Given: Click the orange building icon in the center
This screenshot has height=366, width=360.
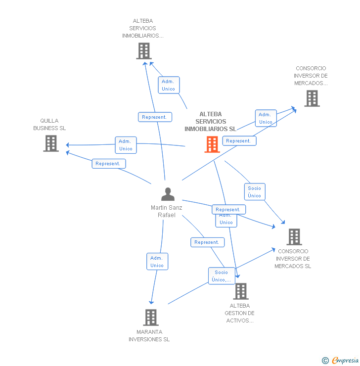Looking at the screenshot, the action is pos(212,144).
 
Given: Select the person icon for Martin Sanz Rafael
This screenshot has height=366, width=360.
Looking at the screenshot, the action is pos(168,194).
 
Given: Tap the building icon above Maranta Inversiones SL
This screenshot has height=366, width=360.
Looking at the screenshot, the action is pos(150,318).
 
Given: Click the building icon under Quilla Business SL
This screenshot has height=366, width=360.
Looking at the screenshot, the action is pos(51,143).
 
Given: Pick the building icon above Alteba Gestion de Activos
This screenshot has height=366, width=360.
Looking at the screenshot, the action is pos(241,291).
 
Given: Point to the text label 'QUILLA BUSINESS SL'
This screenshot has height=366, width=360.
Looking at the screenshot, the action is pos(49,125).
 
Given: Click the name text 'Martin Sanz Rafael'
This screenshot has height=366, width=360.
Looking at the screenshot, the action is pos(166,211).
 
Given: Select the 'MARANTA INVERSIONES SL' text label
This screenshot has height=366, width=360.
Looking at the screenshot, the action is pos(149,335).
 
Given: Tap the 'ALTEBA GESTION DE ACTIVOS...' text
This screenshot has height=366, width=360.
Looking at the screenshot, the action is pos(239,313).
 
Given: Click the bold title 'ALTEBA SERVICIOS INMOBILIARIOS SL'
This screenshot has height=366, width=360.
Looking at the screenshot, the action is pos(210,122).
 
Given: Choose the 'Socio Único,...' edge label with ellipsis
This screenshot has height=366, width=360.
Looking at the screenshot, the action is pos(222,276).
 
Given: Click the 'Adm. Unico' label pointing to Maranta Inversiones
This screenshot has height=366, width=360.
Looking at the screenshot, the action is pos(157,262).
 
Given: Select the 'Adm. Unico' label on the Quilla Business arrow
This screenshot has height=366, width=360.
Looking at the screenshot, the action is pos(126,145).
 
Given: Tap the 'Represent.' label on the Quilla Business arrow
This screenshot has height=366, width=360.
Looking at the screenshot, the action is pos(108,164).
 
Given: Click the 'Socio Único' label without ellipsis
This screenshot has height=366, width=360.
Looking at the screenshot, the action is pos(255,192).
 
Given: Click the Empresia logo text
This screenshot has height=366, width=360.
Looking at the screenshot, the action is pos(345,361).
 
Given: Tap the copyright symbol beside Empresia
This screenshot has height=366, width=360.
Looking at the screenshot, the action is pos(325,361).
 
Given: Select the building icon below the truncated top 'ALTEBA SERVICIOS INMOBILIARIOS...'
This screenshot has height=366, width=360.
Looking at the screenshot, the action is pos(143,51).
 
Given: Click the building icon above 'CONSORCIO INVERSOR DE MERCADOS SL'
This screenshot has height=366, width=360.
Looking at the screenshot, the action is pos(294,237).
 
